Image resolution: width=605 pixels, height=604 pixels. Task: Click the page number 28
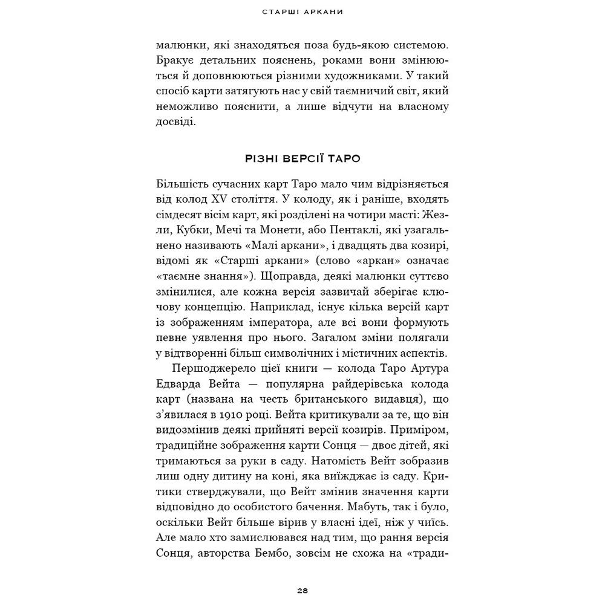tap(302, 590)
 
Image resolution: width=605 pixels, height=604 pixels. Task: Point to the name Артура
tap(427, 369)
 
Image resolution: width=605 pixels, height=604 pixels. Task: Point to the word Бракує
tap(175, 60)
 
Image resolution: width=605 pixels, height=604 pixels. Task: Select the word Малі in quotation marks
tap(252, 246)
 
